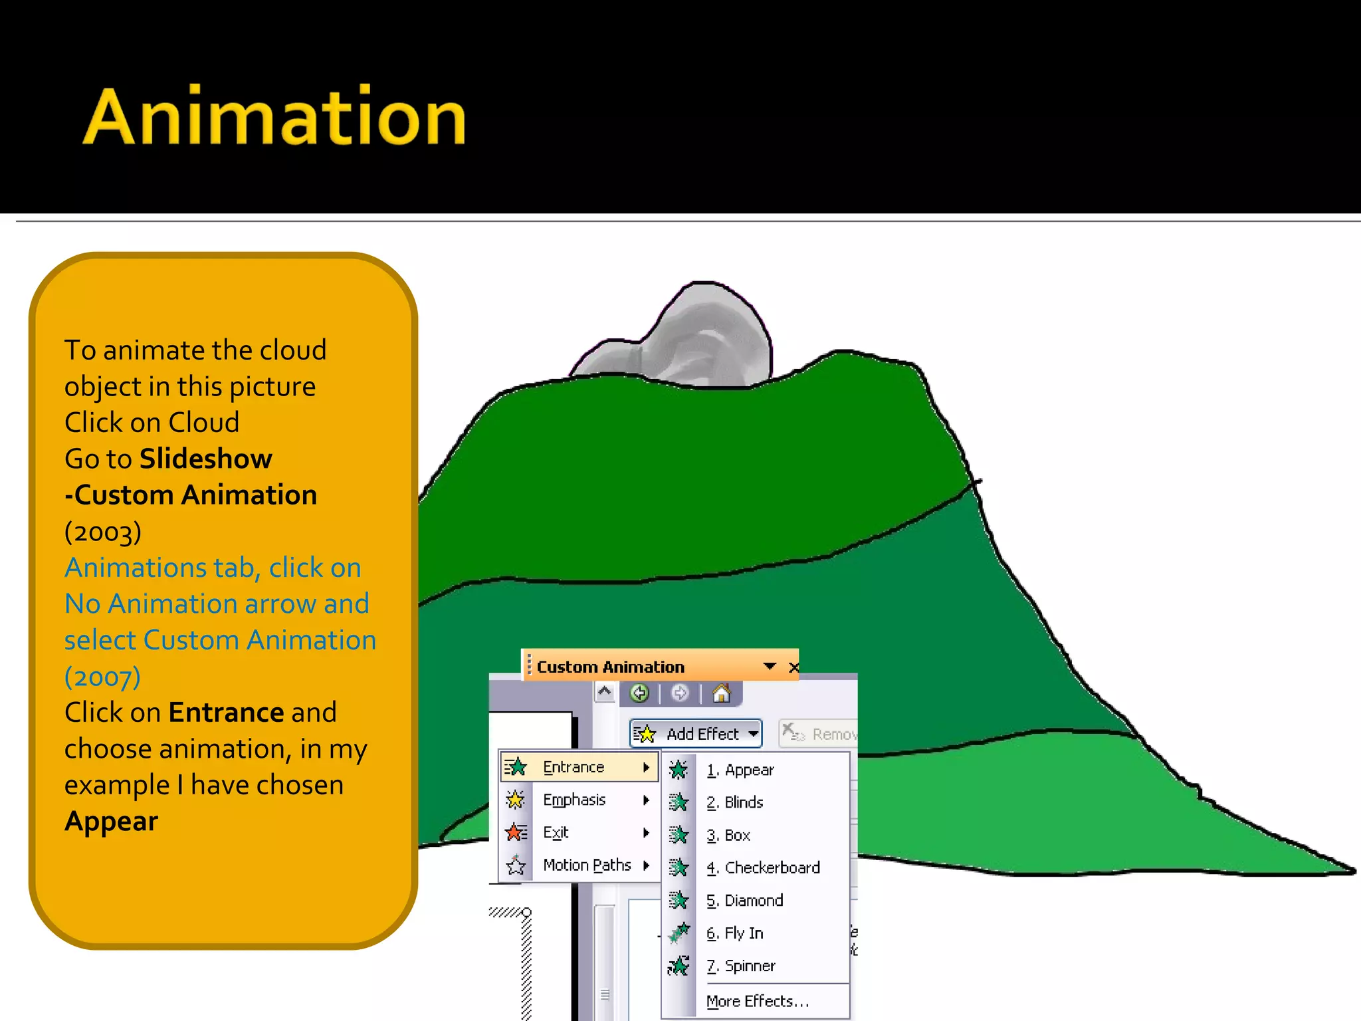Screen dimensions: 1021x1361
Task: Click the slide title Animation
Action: [274, 118]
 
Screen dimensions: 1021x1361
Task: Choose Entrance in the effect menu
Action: [574, 767]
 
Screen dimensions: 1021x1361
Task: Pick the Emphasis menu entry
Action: [574, 800]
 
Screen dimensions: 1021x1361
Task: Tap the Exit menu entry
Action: [556, 832]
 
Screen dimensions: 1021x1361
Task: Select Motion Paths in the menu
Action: [586, 865]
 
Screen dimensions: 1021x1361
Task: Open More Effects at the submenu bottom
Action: [757, 1001]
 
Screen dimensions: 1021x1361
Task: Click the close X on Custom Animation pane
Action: [793, 667]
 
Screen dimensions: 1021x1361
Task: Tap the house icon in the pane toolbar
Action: [721, 694]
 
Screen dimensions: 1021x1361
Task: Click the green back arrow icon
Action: [639, 694]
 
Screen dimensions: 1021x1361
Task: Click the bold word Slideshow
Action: [206, 459]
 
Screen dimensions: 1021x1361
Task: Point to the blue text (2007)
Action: [102, 676]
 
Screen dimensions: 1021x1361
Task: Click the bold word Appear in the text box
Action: [112, 822]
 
